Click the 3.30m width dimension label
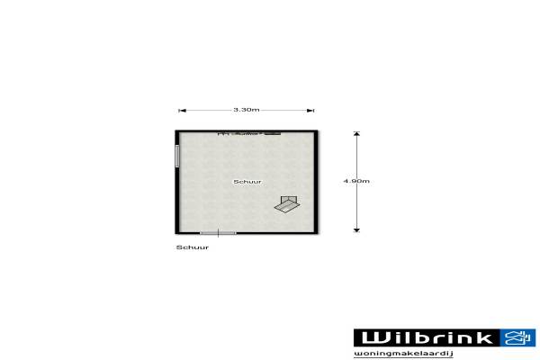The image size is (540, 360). coord(247,110)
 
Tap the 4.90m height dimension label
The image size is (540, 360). coord(356,181)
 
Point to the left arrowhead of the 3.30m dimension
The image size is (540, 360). coord(183,111)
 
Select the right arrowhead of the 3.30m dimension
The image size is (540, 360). coord(310,111)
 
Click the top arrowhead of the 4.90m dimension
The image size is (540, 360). coord(356,134)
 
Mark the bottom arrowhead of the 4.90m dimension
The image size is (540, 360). coord(356,229)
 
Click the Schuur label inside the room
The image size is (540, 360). coord(247,182)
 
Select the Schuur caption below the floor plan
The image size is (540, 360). coord(193,247)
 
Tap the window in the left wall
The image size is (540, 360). coord(177,156)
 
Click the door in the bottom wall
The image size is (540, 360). coord(218,233)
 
